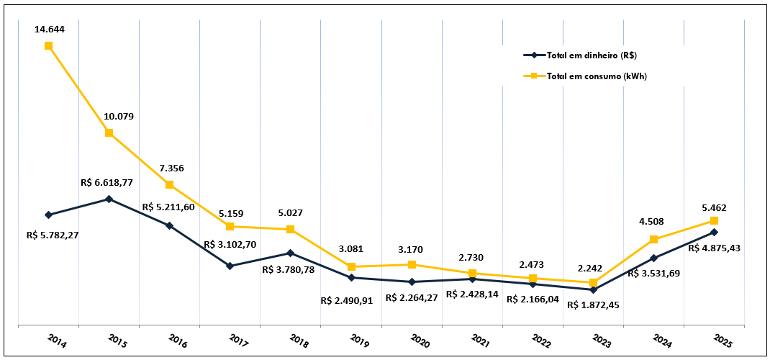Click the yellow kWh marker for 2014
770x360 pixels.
pyautogui.click(x=48, y=46)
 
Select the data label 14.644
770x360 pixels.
pyautogui.click(x=48, y=30)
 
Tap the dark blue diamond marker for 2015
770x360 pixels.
pyautogui.click(x=109, y=199)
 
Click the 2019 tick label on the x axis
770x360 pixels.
pyautogui.click(x=358, y=340)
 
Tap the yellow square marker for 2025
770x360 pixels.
pyautogui.click(x=714, y=220)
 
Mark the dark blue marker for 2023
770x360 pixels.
pyautogui.click(x=593, y=289)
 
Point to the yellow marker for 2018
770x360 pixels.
pyautogui.click(x=290, y=230)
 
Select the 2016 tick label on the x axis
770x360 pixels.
pyautogui.click(x=177, y=340)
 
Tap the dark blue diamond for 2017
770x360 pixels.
pyautogui.click(x=230, y=266)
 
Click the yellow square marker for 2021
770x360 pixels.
pyautogui.click(x=472, y=274)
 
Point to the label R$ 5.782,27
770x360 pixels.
pyautogui.click(x=53, y=235)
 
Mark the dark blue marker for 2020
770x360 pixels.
pyautogui.click(x=412, y=282)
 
